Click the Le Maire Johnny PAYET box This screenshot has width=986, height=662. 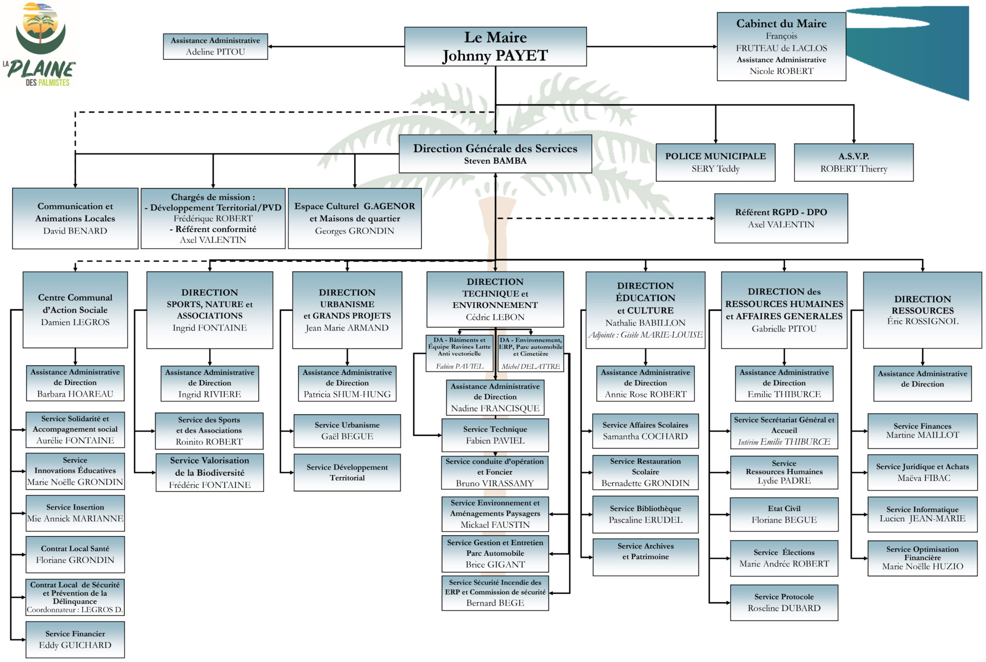pyautogui.click(x=495, y=47)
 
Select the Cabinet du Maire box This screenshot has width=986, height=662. pyautogui.click(x=781, y=47)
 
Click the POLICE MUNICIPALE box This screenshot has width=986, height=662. pyautogui.click(x=715, y=162)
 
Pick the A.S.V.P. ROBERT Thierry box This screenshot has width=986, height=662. pyautogui.click(x=854, y=162)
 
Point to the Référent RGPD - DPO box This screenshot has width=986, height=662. pyautogui.click(x=781, y=218)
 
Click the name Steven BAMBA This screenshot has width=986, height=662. pyautogui.click(x=495, y=161)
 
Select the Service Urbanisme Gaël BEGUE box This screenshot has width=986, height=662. pyautogui.click(x=347, y=431)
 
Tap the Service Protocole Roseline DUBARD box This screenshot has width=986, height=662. pyautogui.click(x=784, y=602)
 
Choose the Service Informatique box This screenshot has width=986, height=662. pyautogui.click(x=922, y=514)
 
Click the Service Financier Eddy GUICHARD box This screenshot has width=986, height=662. pyautogui.click(x=75, y=639)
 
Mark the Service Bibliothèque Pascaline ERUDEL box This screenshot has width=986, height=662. pyautogui.click(x=646, y=514)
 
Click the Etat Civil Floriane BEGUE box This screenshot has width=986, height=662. pyautogui.click(x=784, y=514)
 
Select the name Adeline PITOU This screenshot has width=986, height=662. pyautogui.click(x=215, y=52)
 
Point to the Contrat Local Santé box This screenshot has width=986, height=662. pyautogui.click(x=75, y=554)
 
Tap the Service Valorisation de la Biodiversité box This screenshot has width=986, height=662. pyautogui.click(x=210, y=472)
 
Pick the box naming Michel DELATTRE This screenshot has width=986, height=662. pyautogui.click(x=530, y=354)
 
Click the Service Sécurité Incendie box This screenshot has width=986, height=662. pyautogui.click(x=495, y=593)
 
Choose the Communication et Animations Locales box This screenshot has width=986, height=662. pyautogui.click(x=75, y=219)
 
